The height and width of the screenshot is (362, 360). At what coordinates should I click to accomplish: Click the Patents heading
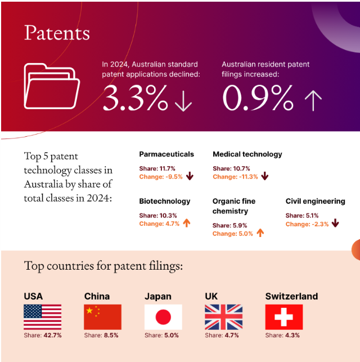[57, 33]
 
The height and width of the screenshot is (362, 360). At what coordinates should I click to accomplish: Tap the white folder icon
[51, 86]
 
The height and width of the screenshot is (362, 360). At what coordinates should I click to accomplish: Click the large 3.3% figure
[135, 98]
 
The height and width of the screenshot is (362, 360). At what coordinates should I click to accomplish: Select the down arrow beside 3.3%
[183, 100]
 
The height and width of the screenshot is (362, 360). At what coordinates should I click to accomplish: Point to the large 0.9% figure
[258, 98]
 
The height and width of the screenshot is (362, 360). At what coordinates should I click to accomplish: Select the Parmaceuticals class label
[166, 154]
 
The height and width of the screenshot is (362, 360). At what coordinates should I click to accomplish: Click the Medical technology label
[247, 154]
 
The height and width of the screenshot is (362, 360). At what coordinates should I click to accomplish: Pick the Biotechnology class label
[164, 201]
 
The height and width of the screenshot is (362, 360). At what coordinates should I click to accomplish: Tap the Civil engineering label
[315, 201]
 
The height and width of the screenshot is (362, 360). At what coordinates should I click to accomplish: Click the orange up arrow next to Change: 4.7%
[187, 224]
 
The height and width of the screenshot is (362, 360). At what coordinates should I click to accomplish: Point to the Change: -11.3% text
[235, 177]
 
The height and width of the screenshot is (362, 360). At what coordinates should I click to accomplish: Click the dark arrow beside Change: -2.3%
[335, 224]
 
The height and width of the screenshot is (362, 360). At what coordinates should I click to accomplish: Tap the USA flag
[42, 317]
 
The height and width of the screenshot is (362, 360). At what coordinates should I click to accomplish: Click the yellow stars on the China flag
[92, 311]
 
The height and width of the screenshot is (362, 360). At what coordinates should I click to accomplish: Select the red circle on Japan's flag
[163, 317]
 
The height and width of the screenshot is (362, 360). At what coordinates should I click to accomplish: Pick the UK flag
[223, 317]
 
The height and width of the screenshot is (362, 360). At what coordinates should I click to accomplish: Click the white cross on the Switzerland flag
[283, 317]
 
